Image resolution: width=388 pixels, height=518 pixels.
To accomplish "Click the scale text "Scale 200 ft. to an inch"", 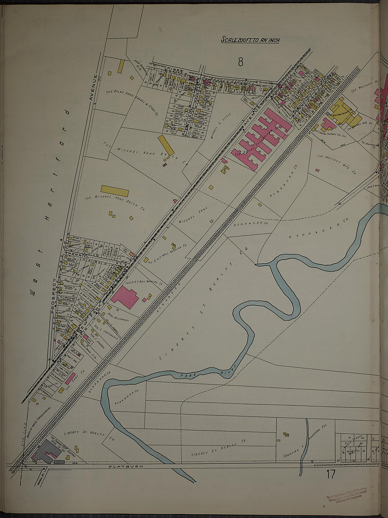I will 250,39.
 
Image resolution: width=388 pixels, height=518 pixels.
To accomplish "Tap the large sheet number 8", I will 241,62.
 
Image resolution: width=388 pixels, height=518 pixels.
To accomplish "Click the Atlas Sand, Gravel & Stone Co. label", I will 132,103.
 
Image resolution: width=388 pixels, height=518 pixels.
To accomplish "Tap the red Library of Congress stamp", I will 347,494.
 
